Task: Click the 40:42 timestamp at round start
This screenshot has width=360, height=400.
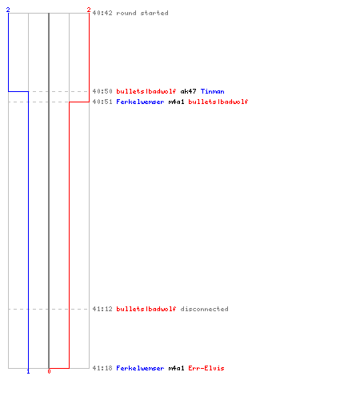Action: pyautogui.click(x=102, y=13)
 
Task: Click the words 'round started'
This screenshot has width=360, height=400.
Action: pyautogui.click(x=142, y=13)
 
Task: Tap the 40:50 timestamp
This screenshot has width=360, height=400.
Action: pyautogui.click(x=102, y=91)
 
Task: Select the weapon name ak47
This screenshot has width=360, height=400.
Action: pyautogui.click(x=188, y=91)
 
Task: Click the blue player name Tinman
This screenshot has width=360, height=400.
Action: pyautogui.click(x=213, y=91)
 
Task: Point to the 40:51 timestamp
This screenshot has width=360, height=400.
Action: pyautogui.click(x=102, y=102)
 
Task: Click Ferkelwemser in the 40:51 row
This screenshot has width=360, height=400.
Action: pyautogui.click(x=140, y=102)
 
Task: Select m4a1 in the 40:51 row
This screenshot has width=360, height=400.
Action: pyautogui.click(x=176, y=102)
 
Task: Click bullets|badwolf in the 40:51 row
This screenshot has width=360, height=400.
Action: pyautogui.click(x=218, y=102)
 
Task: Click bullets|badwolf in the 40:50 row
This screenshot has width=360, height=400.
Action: pyautogui.click(x=146, y=91)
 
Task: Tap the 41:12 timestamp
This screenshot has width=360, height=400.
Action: pyautogui.click(x=102, y=309)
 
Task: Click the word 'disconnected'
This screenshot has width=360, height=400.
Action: pyautogui.click(x=205, y=309)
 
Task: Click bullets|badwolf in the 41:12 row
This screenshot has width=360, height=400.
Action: pyautogui.click(x=146, y=309)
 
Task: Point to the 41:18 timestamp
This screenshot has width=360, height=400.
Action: pyautogui.click(x=102, y=368)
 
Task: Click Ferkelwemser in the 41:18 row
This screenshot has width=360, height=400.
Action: pyautogui.click(x=140, y=368)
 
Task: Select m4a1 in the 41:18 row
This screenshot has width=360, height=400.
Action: pyautogui.click(x=176, y=368)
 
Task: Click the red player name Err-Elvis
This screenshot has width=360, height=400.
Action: pyautogui.click(x=206, y=368)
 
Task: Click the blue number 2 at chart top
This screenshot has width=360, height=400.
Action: pyautogui.click(x=8, y=10)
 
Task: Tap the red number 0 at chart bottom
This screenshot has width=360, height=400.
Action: pyautogui.click(x=49, y=371)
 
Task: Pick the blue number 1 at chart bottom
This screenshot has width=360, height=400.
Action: pyautogui.click(x=29, y=372)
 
